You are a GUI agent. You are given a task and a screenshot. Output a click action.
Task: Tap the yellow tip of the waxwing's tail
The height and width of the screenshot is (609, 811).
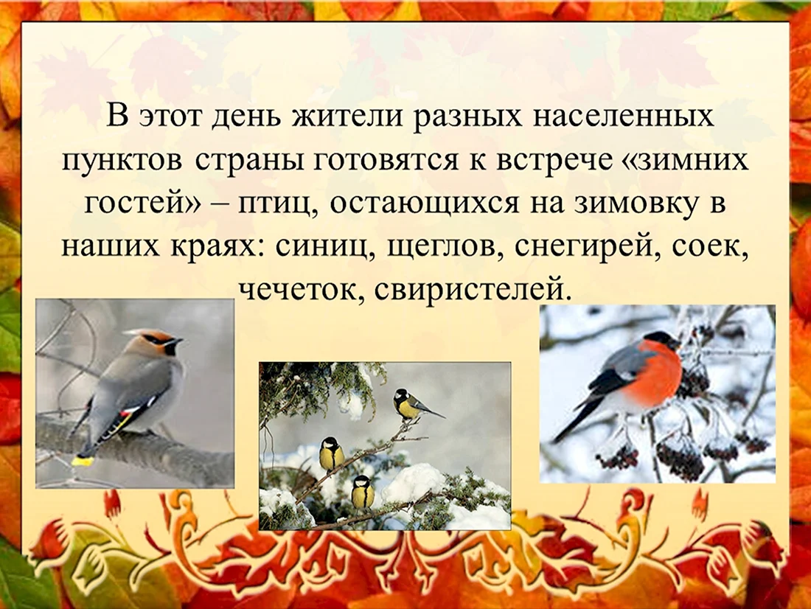click(83, 460)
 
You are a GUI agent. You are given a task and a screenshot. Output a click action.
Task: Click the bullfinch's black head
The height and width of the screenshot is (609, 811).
click(662, 340)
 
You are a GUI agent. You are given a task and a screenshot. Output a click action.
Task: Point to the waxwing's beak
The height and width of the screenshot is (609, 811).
click(178, 341)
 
